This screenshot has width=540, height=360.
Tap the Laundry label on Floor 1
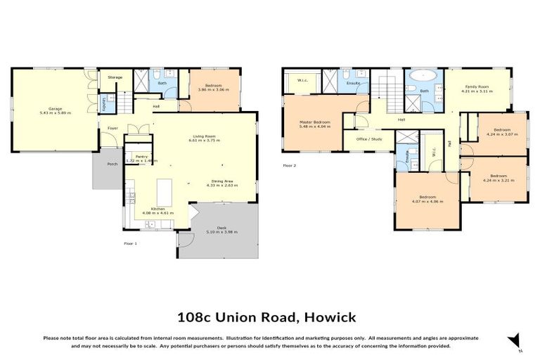coord(104,104)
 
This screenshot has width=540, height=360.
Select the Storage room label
coord(115,77)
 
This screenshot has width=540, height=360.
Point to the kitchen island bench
coord(165,190)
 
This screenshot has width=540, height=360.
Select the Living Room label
coord(205,136)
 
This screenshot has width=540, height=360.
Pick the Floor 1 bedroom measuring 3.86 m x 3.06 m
coord(210,87)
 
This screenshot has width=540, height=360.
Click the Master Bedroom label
coord(315,122)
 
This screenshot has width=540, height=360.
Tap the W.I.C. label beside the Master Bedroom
coord(303,79)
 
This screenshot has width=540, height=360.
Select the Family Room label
coord(475,87)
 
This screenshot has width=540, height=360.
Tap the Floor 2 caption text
coord(289,165)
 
